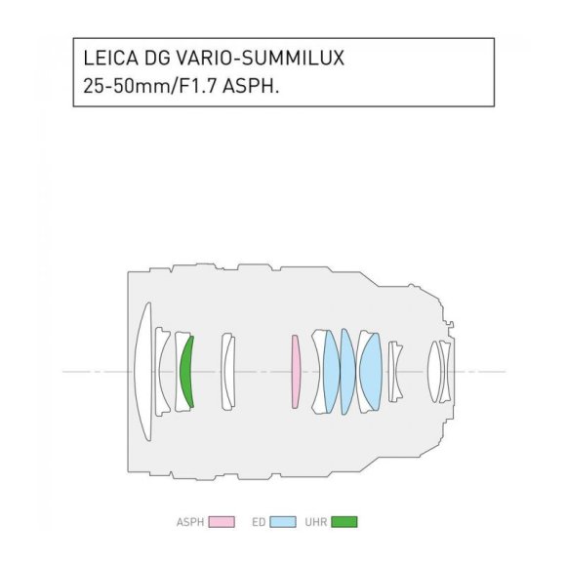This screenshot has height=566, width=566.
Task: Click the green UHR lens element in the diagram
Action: pyautogui.click(x=187, y=371)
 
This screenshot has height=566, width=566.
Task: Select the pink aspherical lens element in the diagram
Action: pyautogui.click(x=296, y=371)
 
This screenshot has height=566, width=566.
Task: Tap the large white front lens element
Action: pyautogui.click(x=143, y=371)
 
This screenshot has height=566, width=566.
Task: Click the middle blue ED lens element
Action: pyautogui.click(x=347, y=371)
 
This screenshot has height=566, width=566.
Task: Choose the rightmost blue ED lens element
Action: pyautogui.click(x=370, y=371)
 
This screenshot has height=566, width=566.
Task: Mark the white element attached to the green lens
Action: pyautogui.click(x=179, y=371)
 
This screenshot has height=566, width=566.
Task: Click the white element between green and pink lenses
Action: pyautogui.click(x=227, y=371)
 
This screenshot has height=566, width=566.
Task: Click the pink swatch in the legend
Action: pyautogui.click(x=222, y=521)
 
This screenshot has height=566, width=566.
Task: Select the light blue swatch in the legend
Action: pyautogui.click(x=283, y=521)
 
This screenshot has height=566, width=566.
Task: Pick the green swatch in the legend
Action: pyautogui.click(x=344, y=521)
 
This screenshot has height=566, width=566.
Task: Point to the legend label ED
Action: pyautogui.click(x=259, y=521)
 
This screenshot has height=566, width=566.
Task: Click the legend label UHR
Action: pyautogui.click(x=317, y=521)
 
